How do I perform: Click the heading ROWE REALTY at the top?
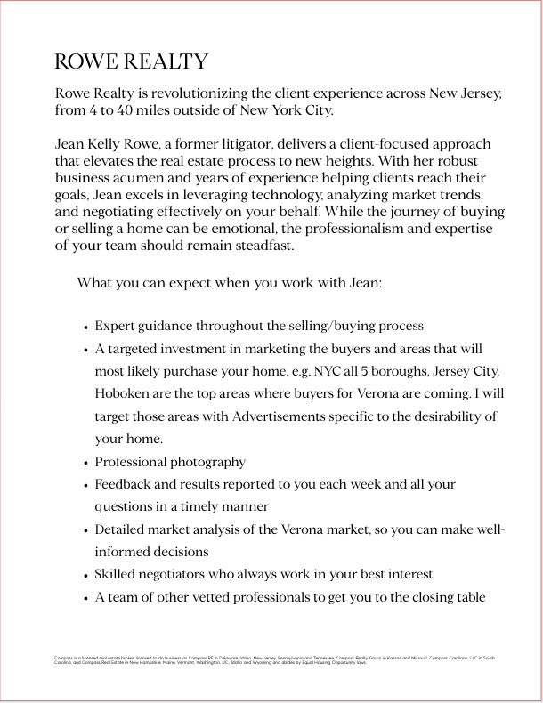pyautogui.click(x=131, y=61)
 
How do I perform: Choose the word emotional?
pyautogui.click(x=266, y=229)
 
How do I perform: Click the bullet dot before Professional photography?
pyautogui.click(x=84, y=464)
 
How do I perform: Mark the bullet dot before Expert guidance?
pyautogui.click(x=84, y=327)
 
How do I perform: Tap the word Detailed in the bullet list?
pyautogui.click(x=122, y=529)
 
